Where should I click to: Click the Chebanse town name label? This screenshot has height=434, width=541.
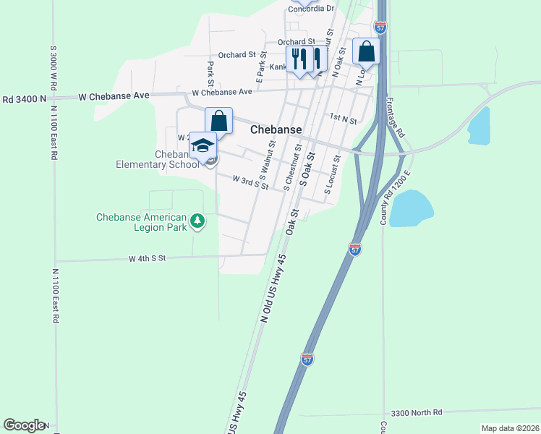point(276,130)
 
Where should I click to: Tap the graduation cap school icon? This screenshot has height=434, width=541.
point(203,145)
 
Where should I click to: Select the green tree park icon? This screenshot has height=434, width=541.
point(196,221)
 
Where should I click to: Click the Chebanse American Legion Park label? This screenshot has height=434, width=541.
point(142,222)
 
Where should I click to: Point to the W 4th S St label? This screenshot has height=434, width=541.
point(148,258)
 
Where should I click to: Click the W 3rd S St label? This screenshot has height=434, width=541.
point(250,182)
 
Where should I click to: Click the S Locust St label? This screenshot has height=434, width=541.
point(331,176)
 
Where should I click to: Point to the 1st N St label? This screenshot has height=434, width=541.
point(342,119)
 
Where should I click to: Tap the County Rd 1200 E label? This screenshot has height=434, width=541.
point(396,197)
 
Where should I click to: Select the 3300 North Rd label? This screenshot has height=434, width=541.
point(416,412)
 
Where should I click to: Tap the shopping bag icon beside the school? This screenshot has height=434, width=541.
point(218,121)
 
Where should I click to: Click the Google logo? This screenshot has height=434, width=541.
point(24,425)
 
